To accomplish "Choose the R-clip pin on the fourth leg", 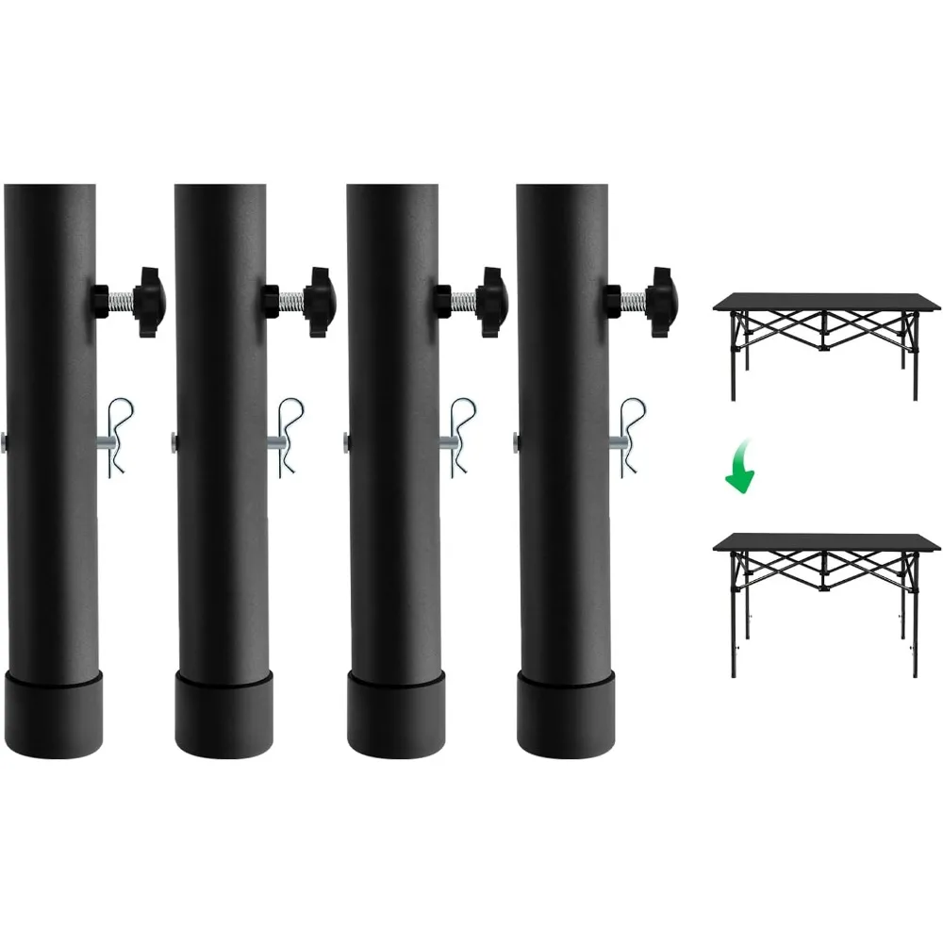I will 629,437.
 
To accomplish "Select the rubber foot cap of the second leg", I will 223,712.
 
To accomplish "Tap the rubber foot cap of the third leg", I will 396,712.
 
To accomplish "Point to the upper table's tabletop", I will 828,303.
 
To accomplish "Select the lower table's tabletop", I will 828,543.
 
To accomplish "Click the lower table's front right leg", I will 915,622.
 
